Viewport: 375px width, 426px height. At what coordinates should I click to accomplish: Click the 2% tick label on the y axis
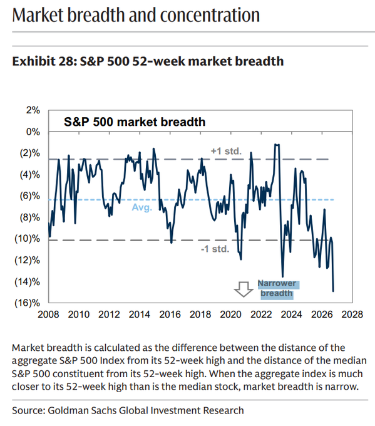33,110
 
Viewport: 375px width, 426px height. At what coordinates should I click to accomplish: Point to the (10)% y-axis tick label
27,239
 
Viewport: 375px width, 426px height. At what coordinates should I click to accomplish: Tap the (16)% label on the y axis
27,303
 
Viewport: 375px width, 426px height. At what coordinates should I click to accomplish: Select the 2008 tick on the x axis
48,314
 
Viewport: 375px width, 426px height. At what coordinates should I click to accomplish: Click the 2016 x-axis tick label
170,314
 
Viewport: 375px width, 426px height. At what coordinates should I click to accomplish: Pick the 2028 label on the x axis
352,314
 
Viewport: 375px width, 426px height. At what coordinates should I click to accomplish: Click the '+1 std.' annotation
226,151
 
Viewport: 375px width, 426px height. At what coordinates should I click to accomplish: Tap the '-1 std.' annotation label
215,249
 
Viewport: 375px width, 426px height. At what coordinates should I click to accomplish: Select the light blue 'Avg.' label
142,207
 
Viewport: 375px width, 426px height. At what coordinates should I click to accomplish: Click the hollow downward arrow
244,289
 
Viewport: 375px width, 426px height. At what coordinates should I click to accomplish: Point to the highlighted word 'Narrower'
277,283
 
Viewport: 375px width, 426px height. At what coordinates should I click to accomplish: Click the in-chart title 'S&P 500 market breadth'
135,122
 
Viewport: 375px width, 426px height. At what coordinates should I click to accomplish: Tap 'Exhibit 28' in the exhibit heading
43,61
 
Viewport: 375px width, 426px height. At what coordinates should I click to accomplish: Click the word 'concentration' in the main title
210,15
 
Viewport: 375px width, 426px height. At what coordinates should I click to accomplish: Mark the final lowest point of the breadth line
333,291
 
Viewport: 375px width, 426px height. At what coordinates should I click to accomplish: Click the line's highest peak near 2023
275,145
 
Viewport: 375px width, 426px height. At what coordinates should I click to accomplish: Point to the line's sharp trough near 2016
172,242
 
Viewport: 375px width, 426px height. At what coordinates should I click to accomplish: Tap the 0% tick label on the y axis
33,132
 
